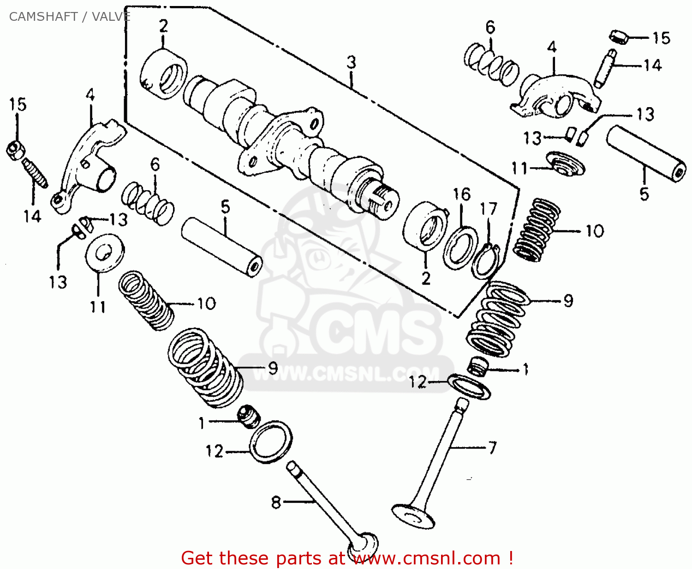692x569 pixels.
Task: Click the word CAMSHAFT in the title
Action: [x=43, y=17]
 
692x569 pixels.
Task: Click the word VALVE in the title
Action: [x=111, y=17]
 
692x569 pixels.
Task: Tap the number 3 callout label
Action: [x=352, y=62]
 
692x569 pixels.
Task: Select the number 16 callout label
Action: [x=461, y=194]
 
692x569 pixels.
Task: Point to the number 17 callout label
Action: [x=489, y=209]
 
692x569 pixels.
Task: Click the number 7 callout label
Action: [x=492, y=448]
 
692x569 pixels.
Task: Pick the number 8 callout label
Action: [x=276, y=502]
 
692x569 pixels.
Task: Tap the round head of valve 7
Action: [x=413, y=516]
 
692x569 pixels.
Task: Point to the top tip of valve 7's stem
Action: [x=462, y=403]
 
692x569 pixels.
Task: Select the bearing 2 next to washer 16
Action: [x=425, y=225]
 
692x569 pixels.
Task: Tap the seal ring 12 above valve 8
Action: [x=271, y=442]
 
